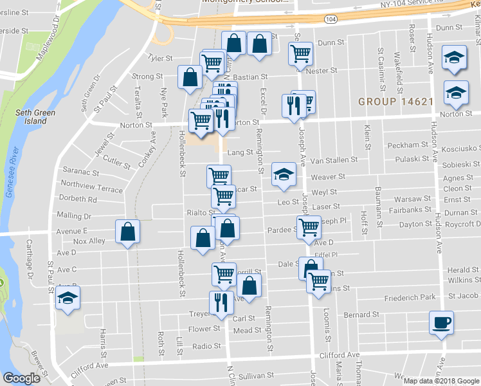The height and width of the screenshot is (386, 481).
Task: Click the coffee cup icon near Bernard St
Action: pos(441,322)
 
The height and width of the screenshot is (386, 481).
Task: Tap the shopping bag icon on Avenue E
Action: pos(128,231)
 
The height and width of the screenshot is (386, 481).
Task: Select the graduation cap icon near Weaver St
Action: pos(283,174)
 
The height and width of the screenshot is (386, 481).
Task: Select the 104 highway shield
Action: pos(330,20)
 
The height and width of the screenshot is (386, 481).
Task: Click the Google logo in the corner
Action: pos(21,379)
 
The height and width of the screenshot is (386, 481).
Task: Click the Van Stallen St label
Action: pos(333,160)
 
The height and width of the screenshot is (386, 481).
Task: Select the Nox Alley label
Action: pos(89,241)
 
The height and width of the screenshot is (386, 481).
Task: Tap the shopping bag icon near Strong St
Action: pos(190,77)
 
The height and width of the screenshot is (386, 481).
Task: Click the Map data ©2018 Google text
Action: pos(440,380)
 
